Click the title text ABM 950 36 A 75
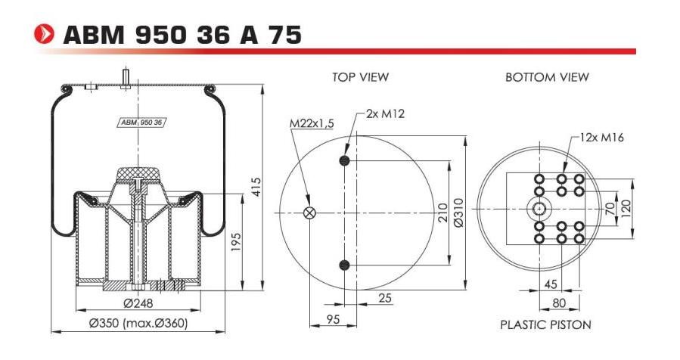pos(182,35)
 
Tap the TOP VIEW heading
pos(360,77)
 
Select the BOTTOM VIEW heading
pos(547,77)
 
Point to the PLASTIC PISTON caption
pos(545,324)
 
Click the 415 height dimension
pos(256,187)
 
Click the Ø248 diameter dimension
pos(138,304)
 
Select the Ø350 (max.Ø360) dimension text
pos(138,324)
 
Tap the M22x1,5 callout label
pos(312,123)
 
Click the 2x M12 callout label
pos(386,113)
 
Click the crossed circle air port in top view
pos(309,213)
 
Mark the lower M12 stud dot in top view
pos(345,265)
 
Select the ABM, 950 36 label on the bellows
pos(143,121)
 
